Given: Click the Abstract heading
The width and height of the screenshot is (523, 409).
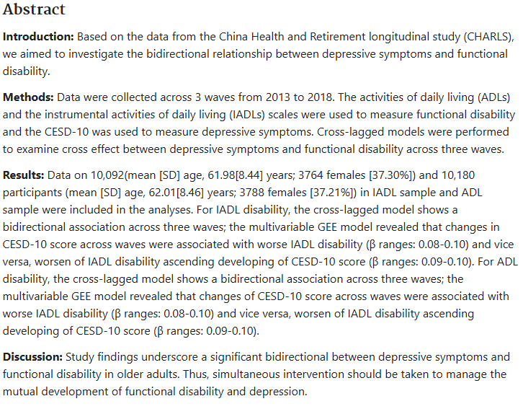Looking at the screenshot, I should click(34, 9).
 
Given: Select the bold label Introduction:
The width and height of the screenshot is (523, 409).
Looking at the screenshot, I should click(38, 36).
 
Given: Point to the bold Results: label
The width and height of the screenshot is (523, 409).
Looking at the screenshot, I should click(24, 175).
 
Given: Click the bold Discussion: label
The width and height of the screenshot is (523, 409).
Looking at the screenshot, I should click(33, 357).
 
